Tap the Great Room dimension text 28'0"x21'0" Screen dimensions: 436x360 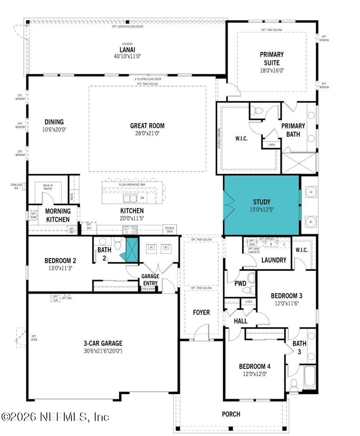click(x=147, y=133)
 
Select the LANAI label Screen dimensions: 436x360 click(x=127, y=49)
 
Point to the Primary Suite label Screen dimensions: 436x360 click(x=272, y=59)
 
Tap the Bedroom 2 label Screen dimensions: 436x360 click(x=60, y=260)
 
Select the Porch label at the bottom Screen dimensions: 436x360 click(x=231, y=414)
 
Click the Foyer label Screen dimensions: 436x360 click(x=201, y=312)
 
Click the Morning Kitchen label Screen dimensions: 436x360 click(x=58, y=215)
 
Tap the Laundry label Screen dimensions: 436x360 click(x=274, y=260)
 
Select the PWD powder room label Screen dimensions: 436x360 click(x=240, y=283)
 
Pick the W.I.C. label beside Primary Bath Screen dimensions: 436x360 click(x=241, y=138)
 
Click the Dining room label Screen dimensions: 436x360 click(x=54, y=122)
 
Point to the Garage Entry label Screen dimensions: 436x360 click(x=149, y=279)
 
